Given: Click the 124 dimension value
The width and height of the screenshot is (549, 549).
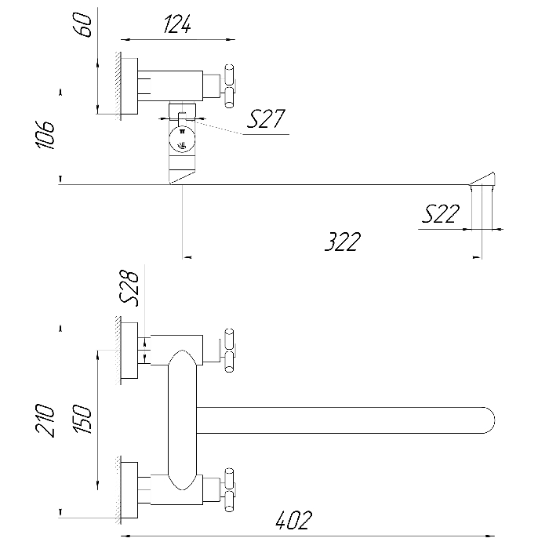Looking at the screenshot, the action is [177, 24].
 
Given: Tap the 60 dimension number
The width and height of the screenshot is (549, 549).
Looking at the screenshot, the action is [85, 24].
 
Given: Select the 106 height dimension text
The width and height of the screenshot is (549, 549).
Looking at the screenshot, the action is [45, 135].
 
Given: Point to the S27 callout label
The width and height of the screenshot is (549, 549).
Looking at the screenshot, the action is [266, 118].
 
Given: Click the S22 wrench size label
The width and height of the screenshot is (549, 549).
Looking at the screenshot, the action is [441, 213].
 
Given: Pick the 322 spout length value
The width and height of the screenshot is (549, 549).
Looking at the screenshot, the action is [343, 242].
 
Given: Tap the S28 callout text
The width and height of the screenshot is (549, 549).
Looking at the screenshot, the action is [129, 289].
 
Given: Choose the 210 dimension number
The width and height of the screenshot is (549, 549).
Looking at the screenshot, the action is [45, 420].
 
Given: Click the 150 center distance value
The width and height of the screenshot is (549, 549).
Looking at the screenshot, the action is [84, 419].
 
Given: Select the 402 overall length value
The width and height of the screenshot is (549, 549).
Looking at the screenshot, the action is [293, 520].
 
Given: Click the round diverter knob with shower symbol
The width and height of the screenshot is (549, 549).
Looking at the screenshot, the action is [182, 140].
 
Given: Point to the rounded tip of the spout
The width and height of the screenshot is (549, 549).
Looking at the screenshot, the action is [490, 420].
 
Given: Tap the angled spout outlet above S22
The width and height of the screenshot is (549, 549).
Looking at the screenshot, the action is [483, 180].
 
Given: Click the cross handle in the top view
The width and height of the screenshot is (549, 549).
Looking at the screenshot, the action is [229, 86].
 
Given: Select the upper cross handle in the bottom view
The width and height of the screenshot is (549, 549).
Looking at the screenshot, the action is [229, 351].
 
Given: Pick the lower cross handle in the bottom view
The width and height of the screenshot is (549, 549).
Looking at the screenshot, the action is [229, 490].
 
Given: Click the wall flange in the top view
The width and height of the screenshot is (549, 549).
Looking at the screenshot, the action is [129, 86].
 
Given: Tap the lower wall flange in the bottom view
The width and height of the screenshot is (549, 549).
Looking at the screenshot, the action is [129, 490].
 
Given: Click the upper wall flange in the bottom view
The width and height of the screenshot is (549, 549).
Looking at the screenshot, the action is [129, 351].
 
